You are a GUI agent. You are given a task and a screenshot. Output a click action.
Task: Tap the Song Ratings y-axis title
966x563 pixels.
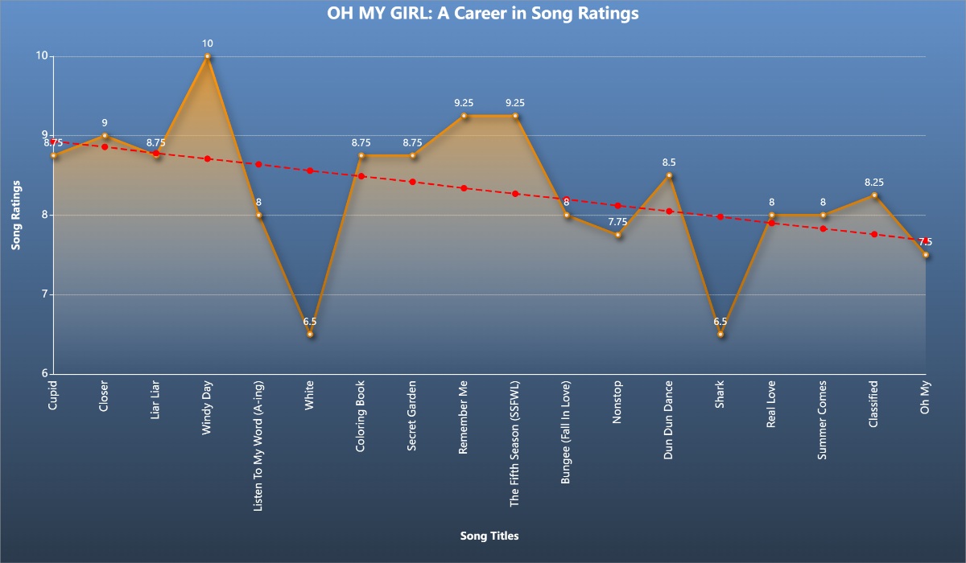[x=15, y=215]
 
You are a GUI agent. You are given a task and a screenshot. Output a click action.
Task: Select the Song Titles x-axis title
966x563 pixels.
[x=489, y=535]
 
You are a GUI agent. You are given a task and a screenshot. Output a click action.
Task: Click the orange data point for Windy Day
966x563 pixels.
[x=208, y=56]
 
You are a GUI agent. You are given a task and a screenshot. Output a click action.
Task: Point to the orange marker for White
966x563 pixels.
[x=310, y=334]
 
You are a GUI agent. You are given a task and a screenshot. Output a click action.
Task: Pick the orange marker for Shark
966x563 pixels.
[x=720, y=334]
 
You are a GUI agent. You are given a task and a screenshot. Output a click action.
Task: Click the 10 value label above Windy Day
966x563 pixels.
[x=208, y=43]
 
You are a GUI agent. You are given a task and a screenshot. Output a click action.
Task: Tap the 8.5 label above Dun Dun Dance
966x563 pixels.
[x=669, y=162]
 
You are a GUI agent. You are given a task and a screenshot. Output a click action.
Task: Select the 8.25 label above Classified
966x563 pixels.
[x=874, y=183]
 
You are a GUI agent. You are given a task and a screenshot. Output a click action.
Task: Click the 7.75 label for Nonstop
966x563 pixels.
[x=617, y=222]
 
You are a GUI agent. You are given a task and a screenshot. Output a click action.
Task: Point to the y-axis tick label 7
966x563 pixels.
[x=39, y=294]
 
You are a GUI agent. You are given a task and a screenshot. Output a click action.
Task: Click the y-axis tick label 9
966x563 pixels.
[x=39, y=136]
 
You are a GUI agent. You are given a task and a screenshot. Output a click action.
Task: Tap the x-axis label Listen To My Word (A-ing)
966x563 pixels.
[x=259, y=434]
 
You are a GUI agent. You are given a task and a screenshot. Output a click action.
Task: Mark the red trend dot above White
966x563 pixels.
[x=310, y=171]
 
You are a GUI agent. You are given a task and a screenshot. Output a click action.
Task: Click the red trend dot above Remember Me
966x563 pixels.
[x=464, y=188]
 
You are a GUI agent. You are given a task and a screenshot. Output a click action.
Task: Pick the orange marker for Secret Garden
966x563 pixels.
[x=413, y=155]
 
